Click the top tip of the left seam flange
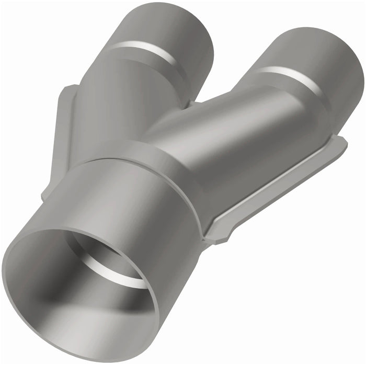(71, 87)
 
